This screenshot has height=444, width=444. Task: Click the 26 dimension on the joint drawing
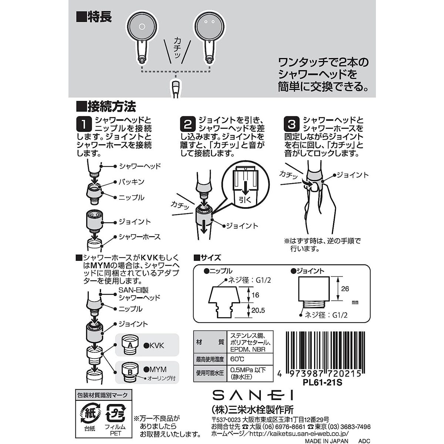click(x=345, y=289)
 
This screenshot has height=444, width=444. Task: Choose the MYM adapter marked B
click(x=130, y=371)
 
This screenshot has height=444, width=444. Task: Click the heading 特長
click(x=94, y=17)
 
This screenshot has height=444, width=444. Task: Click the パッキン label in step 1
click(x=131, y=182)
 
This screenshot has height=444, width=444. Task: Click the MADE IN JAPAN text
click(x=326, y=441)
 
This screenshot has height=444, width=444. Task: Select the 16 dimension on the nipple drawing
click(x=255, y=295)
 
